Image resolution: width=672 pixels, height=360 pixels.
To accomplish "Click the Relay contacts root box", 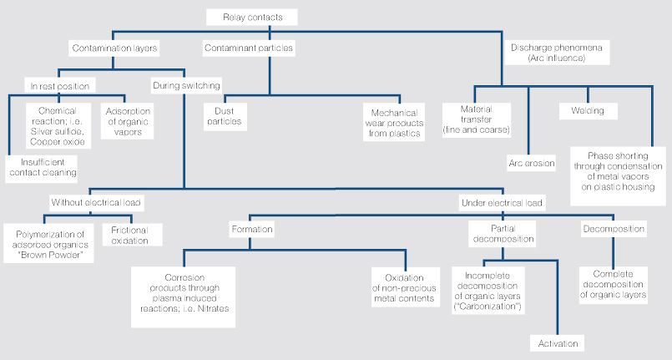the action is pos(252,18).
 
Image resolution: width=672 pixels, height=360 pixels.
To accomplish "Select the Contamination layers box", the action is pos(114,48).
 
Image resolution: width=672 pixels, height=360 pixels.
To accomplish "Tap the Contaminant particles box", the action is pos(249,48).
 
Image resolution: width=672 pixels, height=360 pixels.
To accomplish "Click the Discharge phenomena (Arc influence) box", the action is pos(557,53).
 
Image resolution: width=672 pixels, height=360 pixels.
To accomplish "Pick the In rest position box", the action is pos(60,86).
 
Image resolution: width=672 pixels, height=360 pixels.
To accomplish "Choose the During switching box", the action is pos(186,85).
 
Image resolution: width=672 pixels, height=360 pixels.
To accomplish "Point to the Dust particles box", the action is pos(225,116).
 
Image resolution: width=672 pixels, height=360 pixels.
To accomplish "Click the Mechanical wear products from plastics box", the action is pos(394,123).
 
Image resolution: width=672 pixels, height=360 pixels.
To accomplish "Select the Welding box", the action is pos(588,111).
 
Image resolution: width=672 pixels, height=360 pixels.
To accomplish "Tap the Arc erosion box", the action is pos(532,163).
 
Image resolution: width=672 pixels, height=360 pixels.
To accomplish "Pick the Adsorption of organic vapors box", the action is pos(127,121).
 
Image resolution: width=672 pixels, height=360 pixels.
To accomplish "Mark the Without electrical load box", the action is pos(96,202).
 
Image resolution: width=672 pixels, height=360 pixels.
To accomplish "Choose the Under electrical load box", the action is pos(502,202).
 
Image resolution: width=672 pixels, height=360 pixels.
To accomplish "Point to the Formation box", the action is pos(251,230).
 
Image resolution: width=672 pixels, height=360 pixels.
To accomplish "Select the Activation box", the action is pos(558,343).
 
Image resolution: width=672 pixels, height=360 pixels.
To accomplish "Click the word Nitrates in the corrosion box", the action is pos(213,308).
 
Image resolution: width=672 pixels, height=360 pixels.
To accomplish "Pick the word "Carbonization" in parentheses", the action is pos(488,307).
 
